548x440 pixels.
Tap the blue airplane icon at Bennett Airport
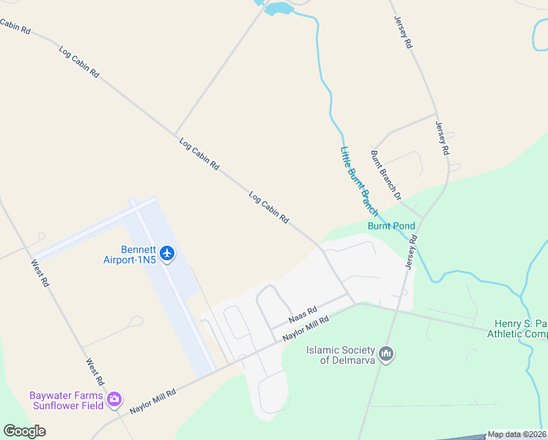pyautogui.click(x=168, y=254)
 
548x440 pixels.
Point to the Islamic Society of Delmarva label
pyautogui.click(x=341, y=355)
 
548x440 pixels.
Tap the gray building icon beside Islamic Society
pyautogui.click(x=387, y=355)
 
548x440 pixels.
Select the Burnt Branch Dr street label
pyautogui.click(x=386, y=175)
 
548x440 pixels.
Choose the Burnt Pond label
pyautogui.click(x=391, y=226)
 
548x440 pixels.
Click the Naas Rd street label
pyautogui.click(x=302, y=315)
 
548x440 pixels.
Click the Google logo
pyautogui.click(x=24, y=430)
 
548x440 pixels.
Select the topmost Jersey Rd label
pyautogui.click(x=403, y=32)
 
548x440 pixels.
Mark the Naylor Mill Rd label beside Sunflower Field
pyautogui.click(x=153, y=402)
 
